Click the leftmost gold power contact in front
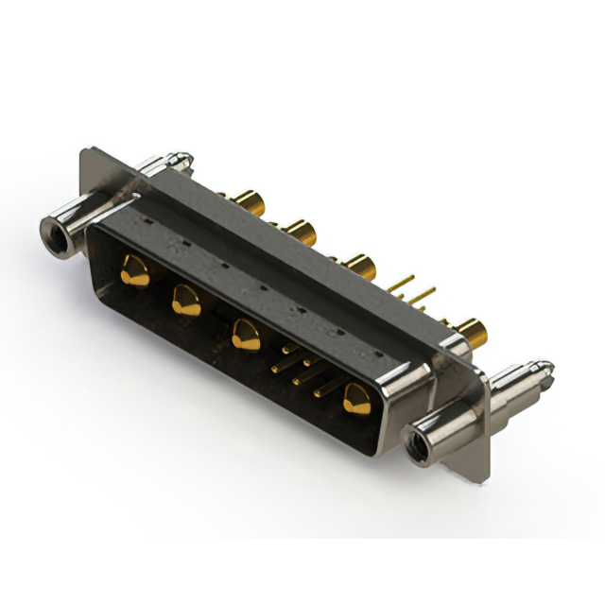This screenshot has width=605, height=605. [x=135, y=271]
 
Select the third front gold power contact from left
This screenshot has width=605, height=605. [x=246, y=335]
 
